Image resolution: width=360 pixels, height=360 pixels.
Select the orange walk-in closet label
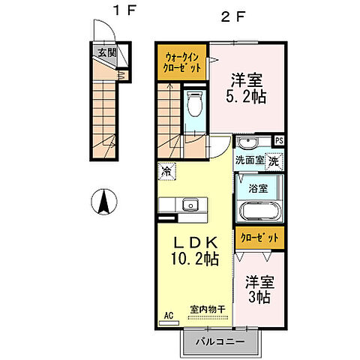[x=182, y=60]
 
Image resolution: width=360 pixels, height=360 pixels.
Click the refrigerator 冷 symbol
[x=165, y=172]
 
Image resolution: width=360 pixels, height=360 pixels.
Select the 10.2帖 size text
[x=193, y=259]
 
